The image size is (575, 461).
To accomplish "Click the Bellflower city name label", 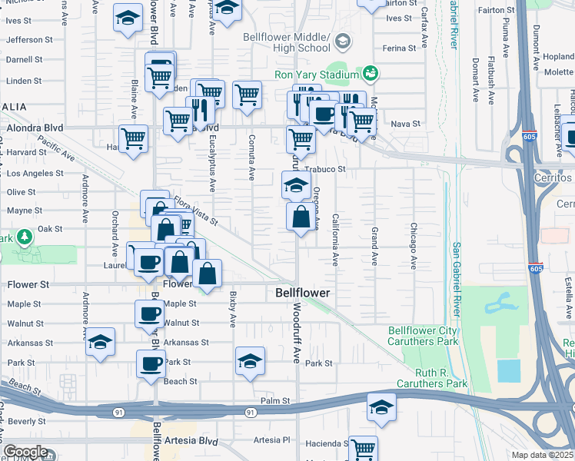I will click(303, 294).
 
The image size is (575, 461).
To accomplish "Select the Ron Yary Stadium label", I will click(317, 75).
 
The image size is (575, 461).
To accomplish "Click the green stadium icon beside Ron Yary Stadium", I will click(371, 73).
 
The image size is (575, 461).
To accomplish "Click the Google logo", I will click(25, 452).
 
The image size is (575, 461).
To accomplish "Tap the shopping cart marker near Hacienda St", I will click(363, 448).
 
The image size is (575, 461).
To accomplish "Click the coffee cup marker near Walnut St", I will click(149, 313).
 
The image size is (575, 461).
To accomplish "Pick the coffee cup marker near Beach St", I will click(151, 363).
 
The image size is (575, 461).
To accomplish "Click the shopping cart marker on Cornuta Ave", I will click(247, 95).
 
